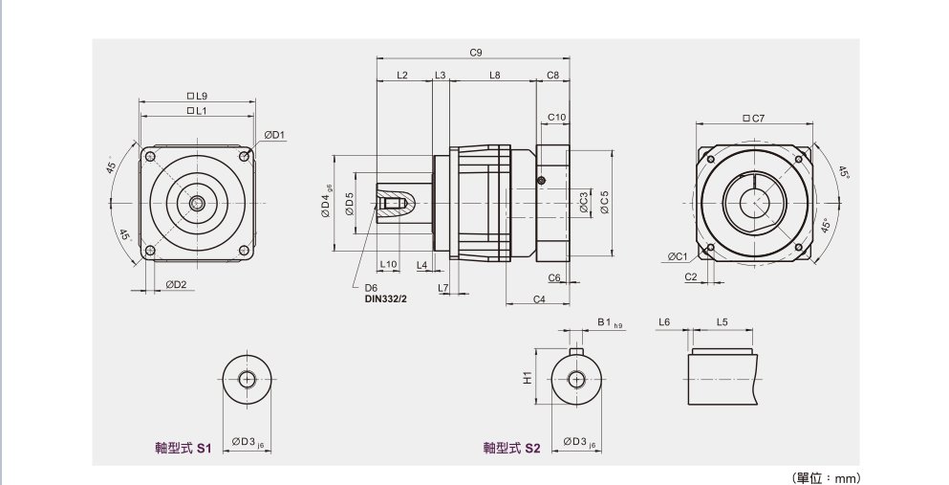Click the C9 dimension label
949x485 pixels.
pos(475,51)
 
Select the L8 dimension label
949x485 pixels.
pos(494,75)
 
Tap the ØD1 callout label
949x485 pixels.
pos(275,135)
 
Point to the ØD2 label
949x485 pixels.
pos(175,284)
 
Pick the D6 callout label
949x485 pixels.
pos(371,287)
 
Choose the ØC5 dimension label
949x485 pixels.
pos(604,204)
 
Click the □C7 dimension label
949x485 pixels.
pos(754,119)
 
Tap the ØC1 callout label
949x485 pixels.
pos(678,256)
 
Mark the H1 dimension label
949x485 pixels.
pos(527,378)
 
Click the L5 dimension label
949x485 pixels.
pos(721,322)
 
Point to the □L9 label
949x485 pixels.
pos(198,96)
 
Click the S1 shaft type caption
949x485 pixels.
pos(183,447)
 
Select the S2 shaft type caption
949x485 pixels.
pos(512,447)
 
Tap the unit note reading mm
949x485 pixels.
pos(828,476)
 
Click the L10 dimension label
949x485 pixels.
pos(388,264)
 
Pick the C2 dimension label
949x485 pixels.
pos(690,276)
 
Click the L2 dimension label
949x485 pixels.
pos(402,75)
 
